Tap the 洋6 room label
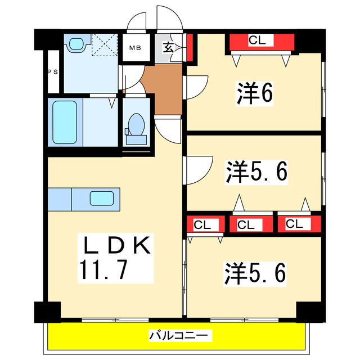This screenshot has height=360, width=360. coord(254,93)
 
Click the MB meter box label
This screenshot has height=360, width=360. coord(136,48)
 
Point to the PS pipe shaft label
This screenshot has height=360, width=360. coord(52,71)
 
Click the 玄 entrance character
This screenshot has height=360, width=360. coord(169,47)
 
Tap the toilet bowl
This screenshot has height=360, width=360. coord(136,124)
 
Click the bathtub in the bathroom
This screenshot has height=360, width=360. coord(65,122)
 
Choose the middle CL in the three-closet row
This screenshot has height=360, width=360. coord(245,224)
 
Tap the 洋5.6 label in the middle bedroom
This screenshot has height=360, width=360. coord(257,171)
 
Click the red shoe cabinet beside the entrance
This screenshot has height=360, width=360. coord(190,47)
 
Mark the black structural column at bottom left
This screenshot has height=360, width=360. coord(47,311)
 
